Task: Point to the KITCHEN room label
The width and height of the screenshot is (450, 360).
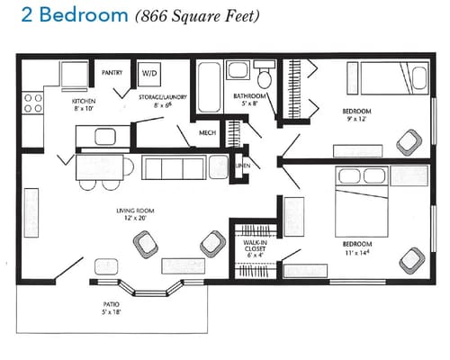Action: pyautogui.click(x=84, y=102)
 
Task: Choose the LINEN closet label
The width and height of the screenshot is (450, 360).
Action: pyautogui.click(x=241, y=166)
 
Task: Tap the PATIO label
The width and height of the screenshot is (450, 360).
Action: pyautogui.click(x=112, y=305)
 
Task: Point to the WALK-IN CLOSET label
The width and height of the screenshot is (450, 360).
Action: pyautogui.click(x=255, y=247)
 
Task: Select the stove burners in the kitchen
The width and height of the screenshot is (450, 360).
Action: pyautogui.click(x=33, y=102)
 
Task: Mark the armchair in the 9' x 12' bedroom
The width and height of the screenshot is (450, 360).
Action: pyautogui.click(x=408, y=139)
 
